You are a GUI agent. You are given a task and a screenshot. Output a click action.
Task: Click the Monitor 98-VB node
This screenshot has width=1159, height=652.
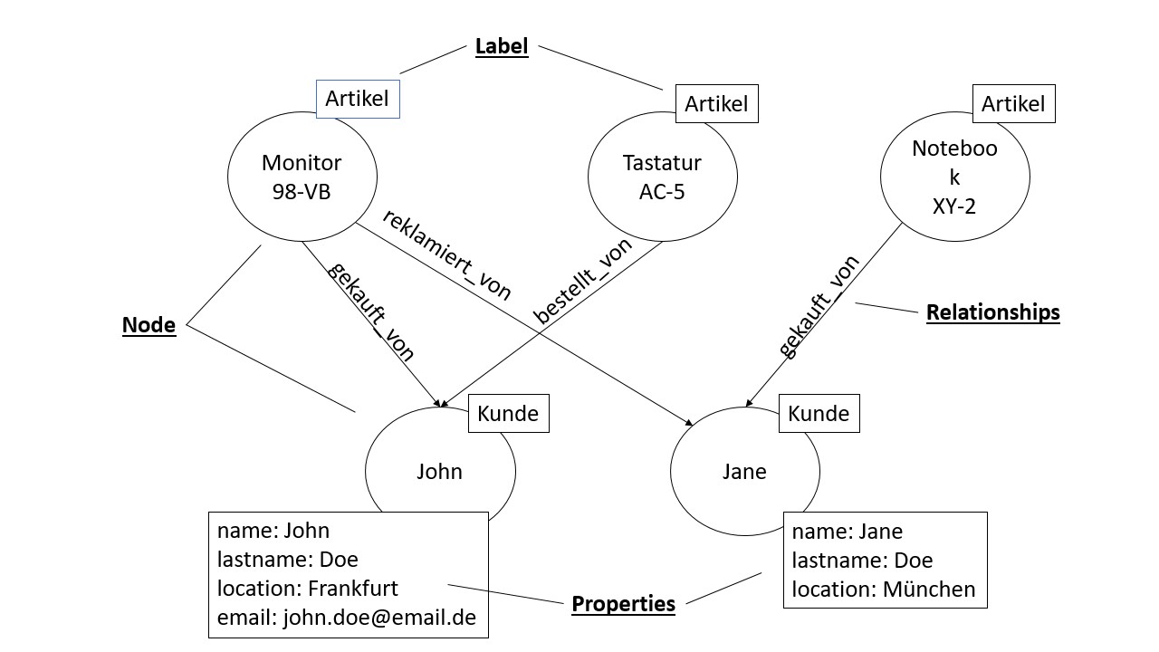tap(301, 177)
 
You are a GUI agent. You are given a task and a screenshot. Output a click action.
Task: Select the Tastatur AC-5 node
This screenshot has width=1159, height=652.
tap(662, 177)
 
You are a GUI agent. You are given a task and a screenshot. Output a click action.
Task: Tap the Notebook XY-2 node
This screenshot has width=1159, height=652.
tap(954, 177)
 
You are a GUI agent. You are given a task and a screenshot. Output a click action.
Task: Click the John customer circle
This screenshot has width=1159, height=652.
tap(439, 472)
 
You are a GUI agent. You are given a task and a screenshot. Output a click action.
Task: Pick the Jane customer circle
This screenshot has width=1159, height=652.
tap(744, 472)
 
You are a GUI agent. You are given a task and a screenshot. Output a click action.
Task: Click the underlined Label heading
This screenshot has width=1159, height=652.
tap(502, 46)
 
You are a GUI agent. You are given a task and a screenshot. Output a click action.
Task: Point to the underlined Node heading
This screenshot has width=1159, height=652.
tap(148, 325)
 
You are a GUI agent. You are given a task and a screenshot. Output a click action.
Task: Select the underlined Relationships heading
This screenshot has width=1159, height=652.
tap(992, 312)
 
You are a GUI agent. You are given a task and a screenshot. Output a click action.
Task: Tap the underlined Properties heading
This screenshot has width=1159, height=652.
tap(623, 603)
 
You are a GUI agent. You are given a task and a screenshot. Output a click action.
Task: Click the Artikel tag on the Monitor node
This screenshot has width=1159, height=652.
tap(358, 100)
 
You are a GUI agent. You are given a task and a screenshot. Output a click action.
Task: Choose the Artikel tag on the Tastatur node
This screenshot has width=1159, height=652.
tap(716, 104)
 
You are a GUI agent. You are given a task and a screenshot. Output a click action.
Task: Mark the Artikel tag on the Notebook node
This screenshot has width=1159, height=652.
tap(1013, 104)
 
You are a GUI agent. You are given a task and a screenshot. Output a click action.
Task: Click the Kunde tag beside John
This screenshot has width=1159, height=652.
tap(508, 414)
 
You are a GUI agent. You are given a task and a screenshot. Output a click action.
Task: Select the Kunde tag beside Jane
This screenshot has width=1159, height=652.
tap(819, 414)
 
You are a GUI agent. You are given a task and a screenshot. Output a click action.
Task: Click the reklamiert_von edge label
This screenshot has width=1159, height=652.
tap(446, 254)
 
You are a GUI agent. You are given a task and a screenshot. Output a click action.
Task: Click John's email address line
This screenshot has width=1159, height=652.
tap(347, 618)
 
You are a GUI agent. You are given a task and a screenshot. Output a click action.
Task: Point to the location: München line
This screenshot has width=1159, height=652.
tap(884, 590)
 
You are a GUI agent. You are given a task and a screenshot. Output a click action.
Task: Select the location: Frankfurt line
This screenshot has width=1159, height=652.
tap(308, 588)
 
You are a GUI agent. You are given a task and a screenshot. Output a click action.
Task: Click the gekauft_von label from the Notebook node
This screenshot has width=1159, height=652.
tap(819, 307)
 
